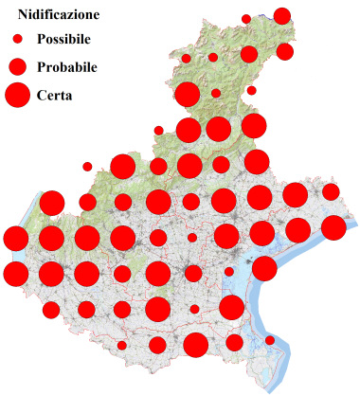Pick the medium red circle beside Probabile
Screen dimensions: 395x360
click(17, 66)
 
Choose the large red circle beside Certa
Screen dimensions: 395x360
click(17, 95)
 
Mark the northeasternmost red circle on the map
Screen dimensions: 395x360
click(281, 15)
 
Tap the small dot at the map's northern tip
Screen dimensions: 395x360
click(246, 19)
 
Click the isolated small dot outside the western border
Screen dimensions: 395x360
click(87, 167)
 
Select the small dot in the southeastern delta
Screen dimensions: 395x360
click(270, 340)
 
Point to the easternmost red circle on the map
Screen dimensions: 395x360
click(333, 227)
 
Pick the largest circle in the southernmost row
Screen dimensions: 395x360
click(195, 345)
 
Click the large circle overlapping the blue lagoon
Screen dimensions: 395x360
click(264, 268)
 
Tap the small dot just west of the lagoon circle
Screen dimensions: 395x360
click(229, 272)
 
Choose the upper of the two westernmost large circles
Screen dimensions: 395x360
click(16, 239)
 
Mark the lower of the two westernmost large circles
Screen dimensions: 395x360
click(16, 274)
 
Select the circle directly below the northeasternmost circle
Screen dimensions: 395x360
click(284, 51)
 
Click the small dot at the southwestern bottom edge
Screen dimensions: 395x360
click(121, 346)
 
